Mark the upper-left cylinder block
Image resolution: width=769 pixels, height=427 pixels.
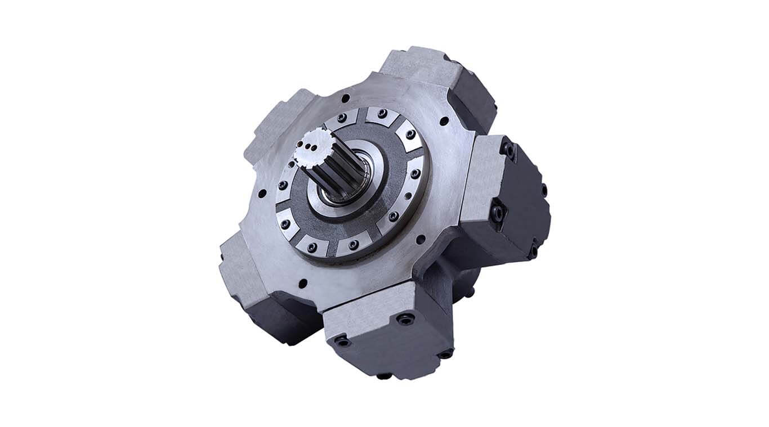click(273, 127)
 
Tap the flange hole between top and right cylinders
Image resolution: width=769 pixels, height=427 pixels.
click(444, 120)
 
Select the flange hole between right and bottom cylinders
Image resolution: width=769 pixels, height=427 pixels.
click(420, 239)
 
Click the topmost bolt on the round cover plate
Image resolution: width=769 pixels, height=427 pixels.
click(382, 113)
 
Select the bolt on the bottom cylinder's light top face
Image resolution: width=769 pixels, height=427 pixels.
click(404, 319)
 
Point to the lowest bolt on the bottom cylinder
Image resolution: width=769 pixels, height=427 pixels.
click(384, 376)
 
